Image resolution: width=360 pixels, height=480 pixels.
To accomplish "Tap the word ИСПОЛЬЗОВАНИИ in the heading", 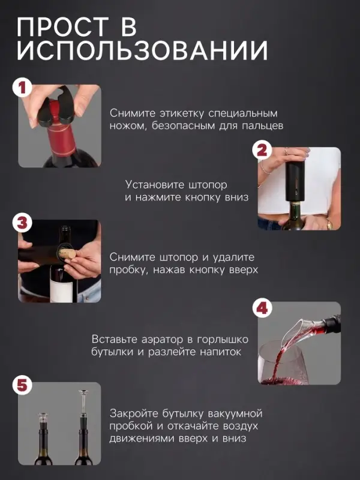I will pos(142,52).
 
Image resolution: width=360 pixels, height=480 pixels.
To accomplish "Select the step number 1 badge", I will pos(22,89).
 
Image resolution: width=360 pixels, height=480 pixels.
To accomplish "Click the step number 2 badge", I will pos(262,150).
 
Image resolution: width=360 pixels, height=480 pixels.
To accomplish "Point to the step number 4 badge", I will pos(262,309).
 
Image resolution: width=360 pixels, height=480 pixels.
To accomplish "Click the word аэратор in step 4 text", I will pos(164,339).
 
